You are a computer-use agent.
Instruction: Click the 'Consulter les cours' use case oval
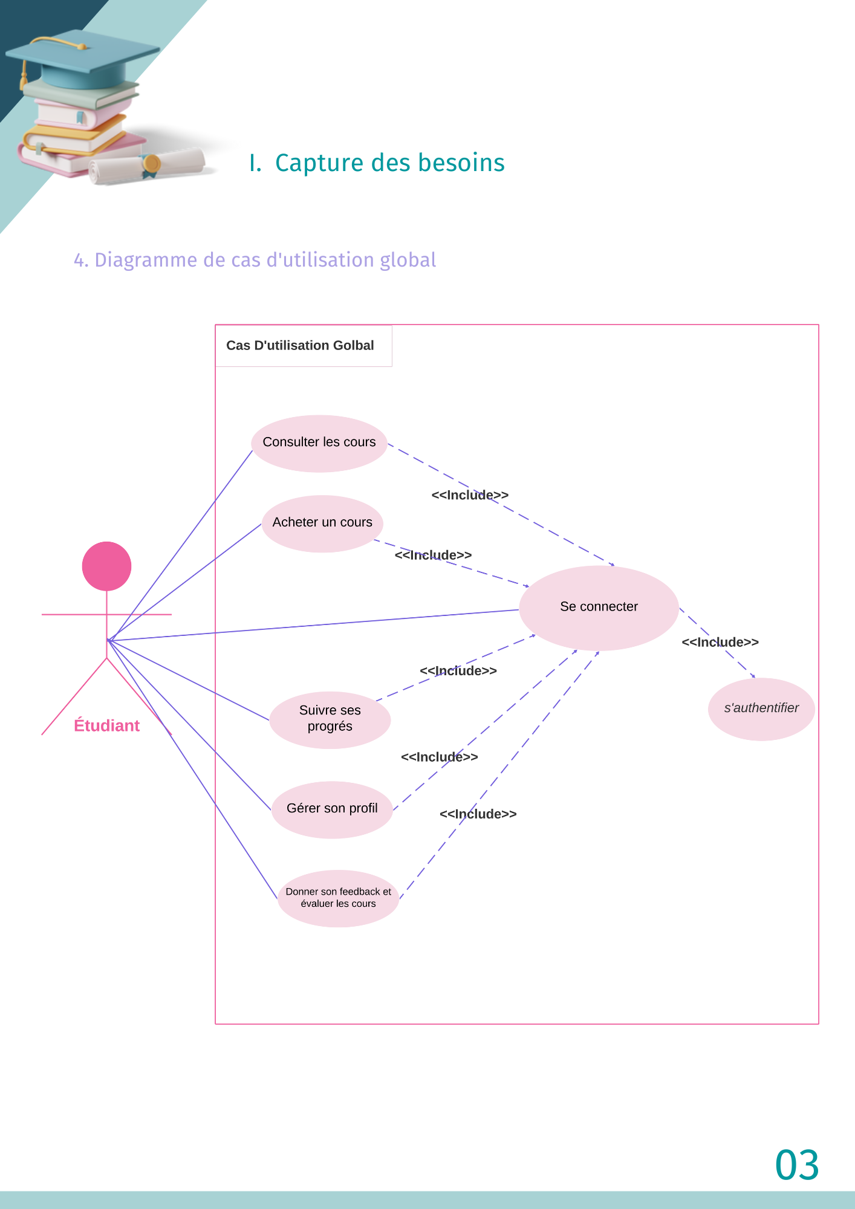click(319, 443)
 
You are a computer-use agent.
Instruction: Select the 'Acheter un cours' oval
click(322, 523)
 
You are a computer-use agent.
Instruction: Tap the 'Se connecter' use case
click(599, 608)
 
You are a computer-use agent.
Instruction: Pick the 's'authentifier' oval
click(761, 709)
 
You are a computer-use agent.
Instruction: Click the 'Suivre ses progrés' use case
click(330, 719)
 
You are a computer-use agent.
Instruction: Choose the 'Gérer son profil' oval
click(332, 809)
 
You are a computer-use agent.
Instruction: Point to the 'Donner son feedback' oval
click(338, 898)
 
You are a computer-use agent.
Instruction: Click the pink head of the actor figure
click(107, 566)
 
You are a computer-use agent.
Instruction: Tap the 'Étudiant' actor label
click(107, 726)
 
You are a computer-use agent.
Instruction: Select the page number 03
click(797, 1165)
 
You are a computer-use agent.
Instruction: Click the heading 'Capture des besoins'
click(389, 163)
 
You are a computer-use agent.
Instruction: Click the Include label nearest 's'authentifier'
click(720, 643)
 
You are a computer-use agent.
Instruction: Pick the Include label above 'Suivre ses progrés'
click(458, 671)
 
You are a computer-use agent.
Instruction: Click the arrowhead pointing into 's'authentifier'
click(753, 677)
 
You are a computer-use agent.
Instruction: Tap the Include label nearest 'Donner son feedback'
click(478, 814)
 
